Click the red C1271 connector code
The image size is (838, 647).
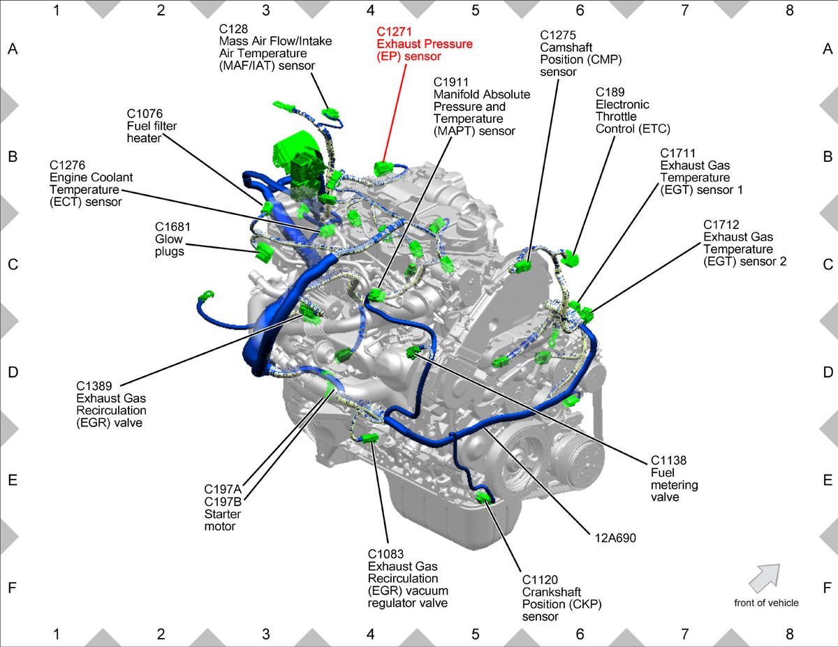394,31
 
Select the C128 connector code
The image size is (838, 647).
233,29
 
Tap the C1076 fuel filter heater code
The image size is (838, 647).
145,114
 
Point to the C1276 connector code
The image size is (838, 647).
67,165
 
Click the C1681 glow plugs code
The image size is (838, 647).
172,227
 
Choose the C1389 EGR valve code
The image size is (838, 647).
94,386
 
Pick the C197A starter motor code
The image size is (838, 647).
223,489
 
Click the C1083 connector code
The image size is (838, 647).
385,553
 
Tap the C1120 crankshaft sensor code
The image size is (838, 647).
540,579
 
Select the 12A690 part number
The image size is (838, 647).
615,538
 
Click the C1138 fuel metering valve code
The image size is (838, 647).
669,460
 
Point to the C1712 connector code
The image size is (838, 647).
721,224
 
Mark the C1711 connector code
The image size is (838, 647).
678,153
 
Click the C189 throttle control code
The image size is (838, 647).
610,92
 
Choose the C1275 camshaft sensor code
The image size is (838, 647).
558,35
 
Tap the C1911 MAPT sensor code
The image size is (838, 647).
451,82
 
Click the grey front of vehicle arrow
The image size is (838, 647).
765,577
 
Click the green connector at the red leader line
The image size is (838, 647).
383,168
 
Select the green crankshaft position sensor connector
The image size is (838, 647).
484,497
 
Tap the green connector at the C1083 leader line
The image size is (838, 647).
369,438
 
